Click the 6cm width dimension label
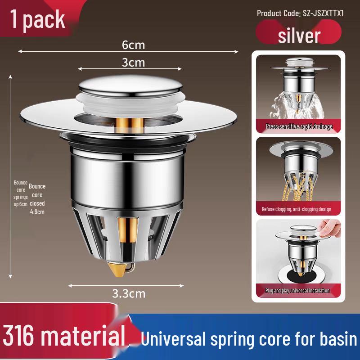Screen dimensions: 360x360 pos(133,45)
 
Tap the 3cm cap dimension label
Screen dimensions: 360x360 pos(133,63)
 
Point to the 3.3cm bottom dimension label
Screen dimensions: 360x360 pos(129,294)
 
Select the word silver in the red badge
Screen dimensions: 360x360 pos(299,36)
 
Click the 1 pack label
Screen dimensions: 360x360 pos(37,20)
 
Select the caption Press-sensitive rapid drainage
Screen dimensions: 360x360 pos(299,126)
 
